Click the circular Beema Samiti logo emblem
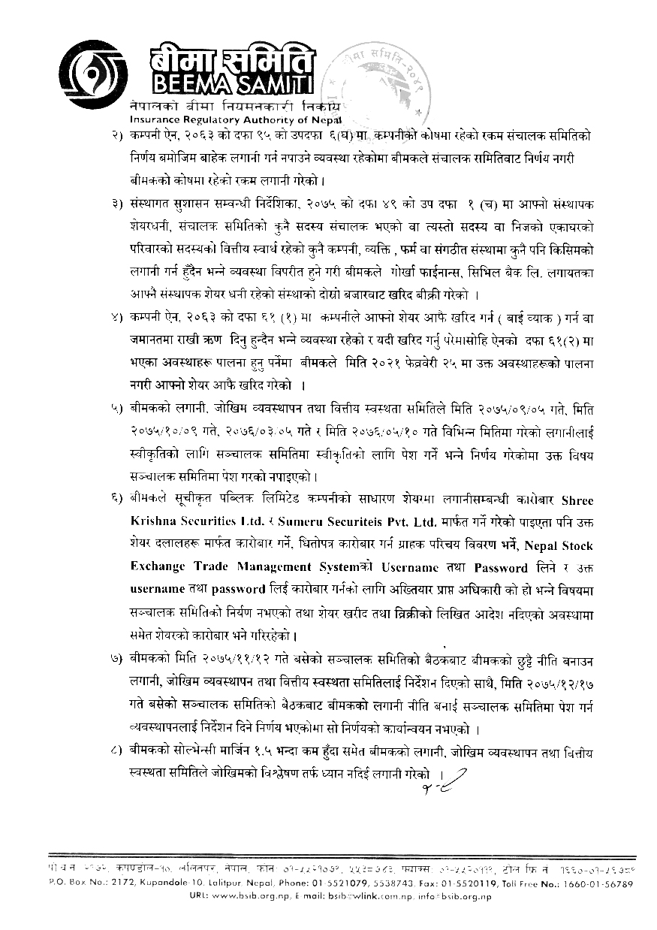click(93, 70)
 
